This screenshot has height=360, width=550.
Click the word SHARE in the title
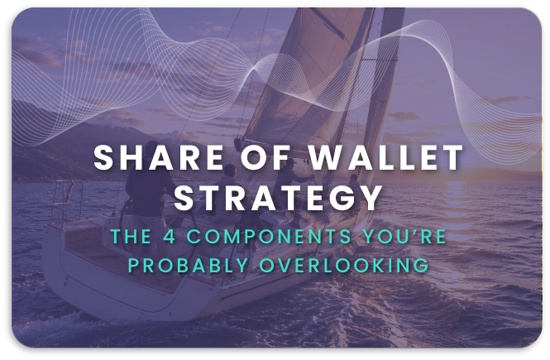tap(159, 157)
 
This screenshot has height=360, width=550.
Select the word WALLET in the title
tap(386, 157)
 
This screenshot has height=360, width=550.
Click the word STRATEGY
tap(278, 198)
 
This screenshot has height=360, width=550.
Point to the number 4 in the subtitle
tap(170, 236)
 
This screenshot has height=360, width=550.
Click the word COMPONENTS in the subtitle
tap(269, 236)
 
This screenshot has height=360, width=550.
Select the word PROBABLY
tap(189, 266)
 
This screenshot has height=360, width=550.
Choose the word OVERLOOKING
tap(344, 266)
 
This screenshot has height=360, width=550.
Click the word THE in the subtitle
tap(132, 236)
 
